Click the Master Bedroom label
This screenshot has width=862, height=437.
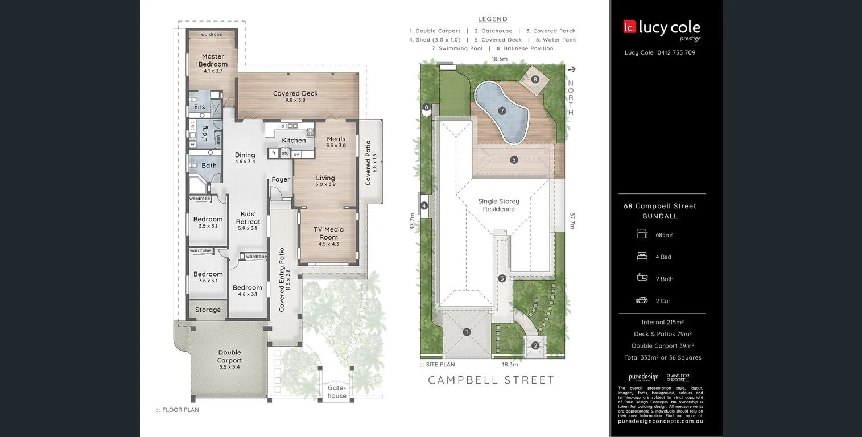click(213, 60)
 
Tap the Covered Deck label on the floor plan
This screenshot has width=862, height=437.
click(295, 93)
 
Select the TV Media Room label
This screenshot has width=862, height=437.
click(328, 233)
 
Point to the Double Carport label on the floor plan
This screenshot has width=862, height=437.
click(229, 356)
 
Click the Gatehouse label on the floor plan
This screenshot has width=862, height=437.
click(336, 392)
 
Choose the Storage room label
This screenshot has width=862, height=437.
click(208, 310)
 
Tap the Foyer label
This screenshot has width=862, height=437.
click(281, 179)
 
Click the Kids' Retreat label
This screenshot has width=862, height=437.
click(248, 218)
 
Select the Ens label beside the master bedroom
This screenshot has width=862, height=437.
click(200, 107)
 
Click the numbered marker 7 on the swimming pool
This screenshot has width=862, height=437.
click(501, 111)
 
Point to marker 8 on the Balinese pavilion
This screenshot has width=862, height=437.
click(535, 79)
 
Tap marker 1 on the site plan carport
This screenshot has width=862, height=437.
click(467, 332)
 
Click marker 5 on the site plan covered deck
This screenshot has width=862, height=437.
click(514, 160)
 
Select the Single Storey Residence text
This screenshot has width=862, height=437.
click(498, 205)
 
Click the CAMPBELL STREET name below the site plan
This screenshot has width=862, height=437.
click(491, 380)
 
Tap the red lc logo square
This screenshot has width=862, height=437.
click(629, 27)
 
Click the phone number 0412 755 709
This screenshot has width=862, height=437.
click(676, 53)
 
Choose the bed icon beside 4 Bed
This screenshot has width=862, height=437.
click(642, 257)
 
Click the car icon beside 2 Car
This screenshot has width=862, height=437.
click(642, 300)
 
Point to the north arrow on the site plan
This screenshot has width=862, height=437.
click(571, 69)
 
